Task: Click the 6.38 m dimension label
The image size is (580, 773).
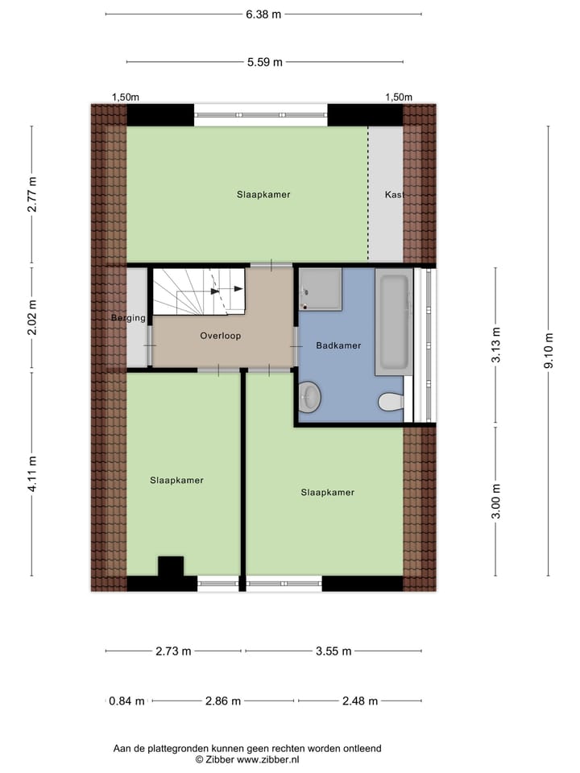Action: (263, 14)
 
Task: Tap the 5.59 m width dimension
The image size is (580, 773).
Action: (265, 62)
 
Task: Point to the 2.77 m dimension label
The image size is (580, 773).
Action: (32, 194)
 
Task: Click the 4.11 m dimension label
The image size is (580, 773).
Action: (32, 474)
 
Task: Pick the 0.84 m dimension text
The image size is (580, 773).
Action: (127, 701)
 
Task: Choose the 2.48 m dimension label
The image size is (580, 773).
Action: (359, 701)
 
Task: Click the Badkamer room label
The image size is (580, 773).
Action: (338, 345)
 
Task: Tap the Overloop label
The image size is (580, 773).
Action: (221, 336)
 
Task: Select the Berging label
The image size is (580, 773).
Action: (128, 318)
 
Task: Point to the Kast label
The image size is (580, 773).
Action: (393, 195)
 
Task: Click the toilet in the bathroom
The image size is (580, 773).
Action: (390, 401)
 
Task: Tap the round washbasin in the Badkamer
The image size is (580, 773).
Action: (309, 396)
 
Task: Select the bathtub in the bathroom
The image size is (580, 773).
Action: (394, 323)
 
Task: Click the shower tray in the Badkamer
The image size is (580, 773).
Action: (321, 289)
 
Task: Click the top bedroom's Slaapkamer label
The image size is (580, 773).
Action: (263, 194)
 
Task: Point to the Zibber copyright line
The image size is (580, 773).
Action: (246, 759)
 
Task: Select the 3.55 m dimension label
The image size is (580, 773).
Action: (331, 651)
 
